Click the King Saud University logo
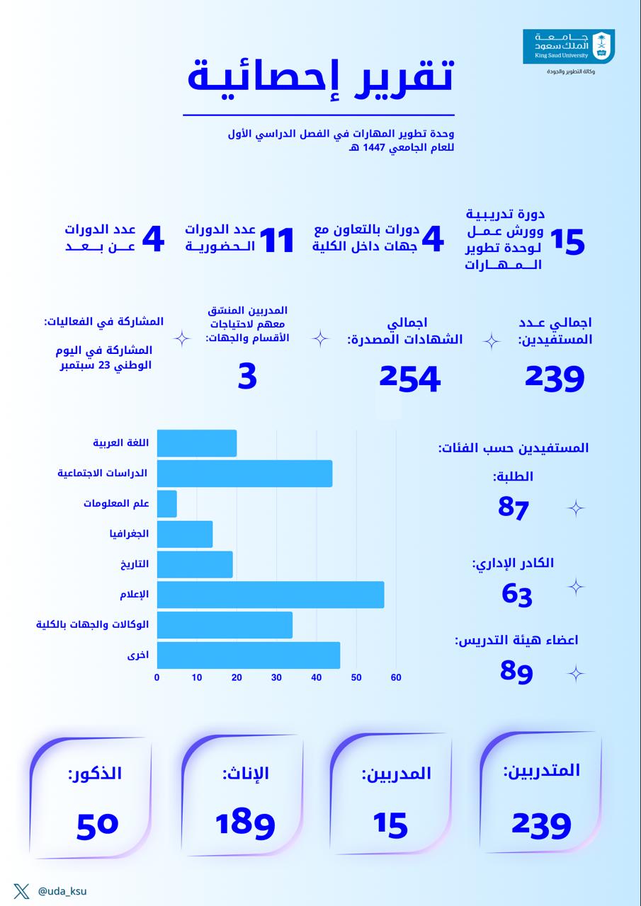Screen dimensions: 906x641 click(x=568, y=47)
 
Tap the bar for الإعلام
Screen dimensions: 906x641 click(x=270, y=595)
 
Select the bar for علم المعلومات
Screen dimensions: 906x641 click(x=167, y=503)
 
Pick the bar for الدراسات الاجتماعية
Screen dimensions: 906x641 click(x=244, y=473)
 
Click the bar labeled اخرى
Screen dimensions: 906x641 click(x=248, y=655)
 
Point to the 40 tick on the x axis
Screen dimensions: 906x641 click(x=317, y=677)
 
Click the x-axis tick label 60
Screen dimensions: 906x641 click(x=396, y=677)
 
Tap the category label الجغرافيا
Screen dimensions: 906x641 click(x=129, y=534)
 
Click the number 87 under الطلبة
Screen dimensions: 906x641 click(x=514, y=507)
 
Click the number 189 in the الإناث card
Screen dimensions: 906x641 click(x=244, y=823)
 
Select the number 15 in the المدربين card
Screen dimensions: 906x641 click(x=390, y=823)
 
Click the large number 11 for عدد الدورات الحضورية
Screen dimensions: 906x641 click(x=276, y=241)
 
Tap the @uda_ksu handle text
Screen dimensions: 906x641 click(x=62, y=891)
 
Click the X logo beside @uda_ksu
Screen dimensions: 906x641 click(x=21, y=891)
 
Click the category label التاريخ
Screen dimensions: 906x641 click(x=134, y=564)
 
